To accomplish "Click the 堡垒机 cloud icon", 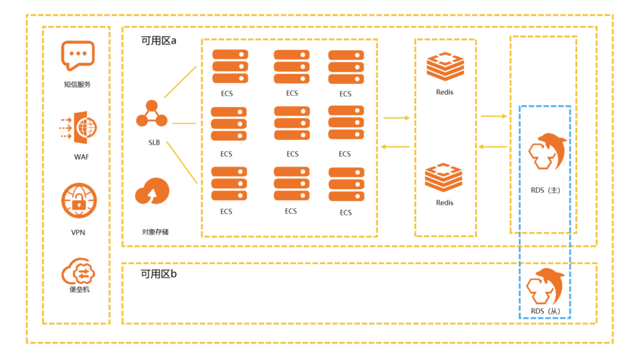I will tap(78, 272).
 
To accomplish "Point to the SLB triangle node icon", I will tap(153, 114).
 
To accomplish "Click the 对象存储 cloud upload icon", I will tap(153, 192).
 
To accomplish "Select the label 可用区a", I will tap(158, 41).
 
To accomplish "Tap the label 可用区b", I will tap(158, 274).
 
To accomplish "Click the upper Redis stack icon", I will tap(445, 67).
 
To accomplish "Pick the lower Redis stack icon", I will tap(444, 177).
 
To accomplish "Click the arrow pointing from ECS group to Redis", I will tap(396, 117).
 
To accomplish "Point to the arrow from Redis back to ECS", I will tap(396, 147).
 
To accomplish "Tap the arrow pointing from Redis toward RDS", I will tap(494, 116).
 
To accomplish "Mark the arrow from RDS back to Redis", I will tap(494, 147).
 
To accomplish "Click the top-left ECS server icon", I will tap(230, 64).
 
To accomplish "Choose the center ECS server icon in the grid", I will tap(292, 123).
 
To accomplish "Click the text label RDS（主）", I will tap(545, 190).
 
